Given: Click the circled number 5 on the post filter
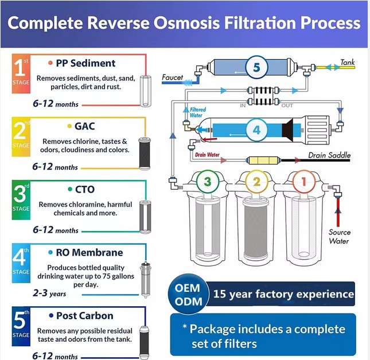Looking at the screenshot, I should tap(256, 67).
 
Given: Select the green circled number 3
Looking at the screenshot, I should tap(208, 182).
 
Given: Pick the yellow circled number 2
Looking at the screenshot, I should tap(256, 182).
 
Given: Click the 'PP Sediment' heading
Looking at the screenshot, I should tap(85, 63).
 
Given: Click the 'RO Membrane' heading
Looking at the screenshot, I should tap(89, 252).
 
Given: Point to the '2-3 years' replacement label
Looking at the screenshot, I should tap(49, 294).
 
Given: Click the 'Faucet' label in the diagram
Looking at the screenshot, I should tap(172, 77).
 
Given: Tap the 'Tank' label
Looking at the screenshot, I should tap(348, 62).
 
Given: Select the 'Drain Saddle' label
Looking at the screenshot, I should tap(329, 155).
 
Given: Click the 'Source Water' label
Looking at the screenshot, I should tap(339, 237).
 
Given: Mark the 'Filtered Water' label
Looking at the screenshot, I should tap(196, 112).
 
